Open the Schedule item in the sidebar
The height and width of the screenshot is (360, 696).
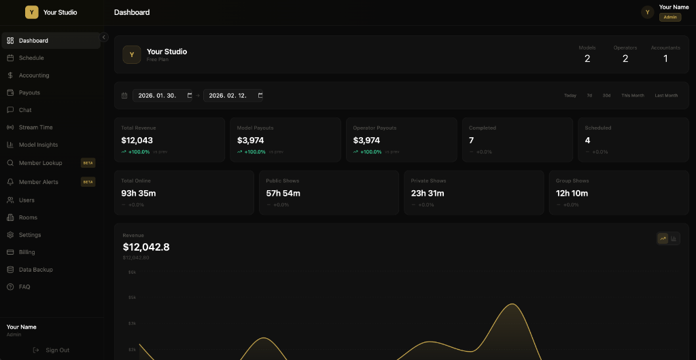(31, 58)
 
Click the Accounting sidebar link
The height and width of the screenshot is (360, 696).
(34, 75)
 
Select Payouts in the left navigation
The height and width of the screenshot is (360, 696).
(29, 92)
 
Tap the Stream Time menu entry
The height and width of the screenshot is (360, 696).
(35, 127)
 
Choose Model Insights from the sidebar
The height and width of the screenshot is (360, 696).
(38, 145)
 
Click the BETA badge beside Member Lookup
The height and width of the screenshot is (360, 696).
(88, 163)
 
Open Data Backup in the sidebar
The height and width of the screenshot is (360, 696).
(35, 270)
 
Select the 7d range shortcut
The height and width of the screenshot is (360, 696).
(589, 96)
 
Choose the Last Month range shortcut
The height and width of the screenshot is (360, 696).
(666, 96)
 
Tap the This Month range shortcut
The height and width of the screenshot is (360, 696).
(632, 96)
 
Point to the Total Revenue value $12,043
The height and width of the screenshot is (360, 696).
(137, 141)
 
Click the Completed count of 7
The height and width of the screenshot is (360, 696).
(471, 141)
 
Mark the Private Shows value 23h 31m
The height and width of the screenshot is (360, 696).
(428, 194)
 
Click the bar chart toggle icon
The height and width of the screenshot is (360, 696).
(674, 238)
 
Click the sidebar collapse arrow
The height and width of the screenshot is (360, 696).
(104, 37)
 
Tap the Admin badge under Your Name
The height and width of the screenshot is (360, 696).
(669, 17)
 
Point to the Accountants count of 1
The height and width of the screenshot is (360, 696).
(665, 59)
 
